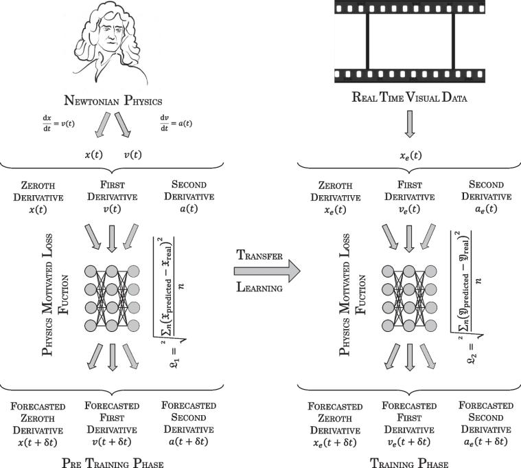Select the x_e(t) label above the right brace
408,156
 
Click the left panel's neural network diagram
111,287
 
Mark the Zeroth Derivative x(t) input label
37,197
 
